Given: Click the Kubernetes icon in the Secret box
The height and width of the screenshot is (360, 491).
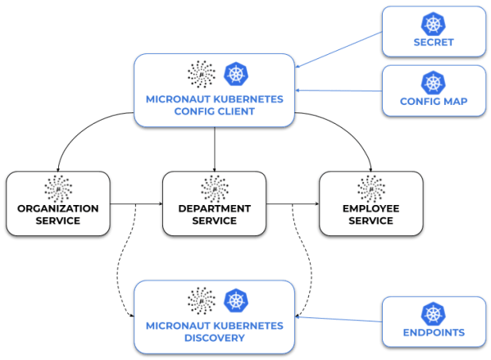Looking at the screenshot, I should coord(431,24).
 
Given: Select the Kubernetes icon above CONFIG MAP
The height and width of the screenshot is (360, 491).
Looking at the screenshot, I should coord(431,82).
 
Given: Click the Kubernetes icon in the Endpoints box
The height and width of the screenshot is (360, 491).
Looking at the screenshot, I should coord(431,313).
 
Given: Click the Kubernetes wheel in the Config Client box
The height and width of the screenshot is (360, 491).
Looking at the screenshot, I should coord(236,74).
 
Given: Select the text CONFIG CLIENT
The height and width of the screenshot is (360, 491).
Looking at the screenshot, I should coord(214,112).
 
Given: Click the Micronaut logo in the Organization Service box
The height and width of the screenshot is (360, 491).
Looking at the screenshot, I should coord(58,187).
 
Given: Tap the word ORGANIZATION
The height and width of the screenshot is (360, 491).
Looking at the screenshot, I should coord(58,208).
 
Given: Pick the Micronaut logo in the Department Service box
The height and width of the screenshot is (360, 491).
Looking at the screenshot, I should coord(214,187).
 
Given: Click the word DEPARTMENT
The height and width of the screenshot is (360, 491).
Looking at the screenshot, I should coord(214,208).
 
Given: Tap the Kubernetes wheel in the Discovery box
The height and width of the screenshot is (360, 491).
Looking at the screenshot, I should coord(236,299).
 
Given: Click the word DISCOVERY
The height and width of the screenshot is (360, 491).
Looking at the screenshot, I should coord(214,338).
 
